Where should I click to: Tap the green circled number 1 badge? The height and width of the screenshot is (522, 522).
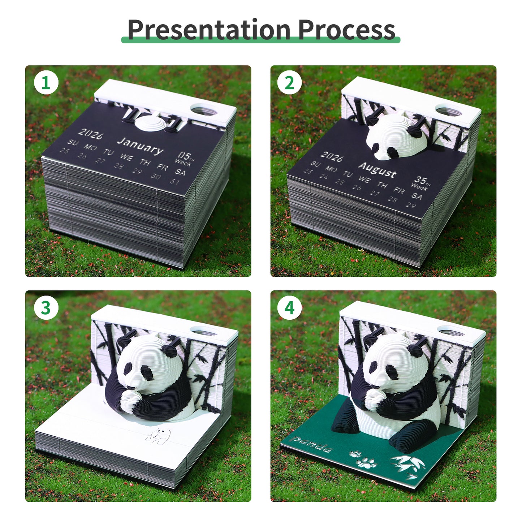tap(46, 83)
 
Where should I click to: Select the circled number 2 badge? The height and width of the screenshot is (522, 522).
tap(289, 83)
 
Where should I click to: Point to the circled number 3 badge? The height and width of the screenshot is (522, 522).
tap(46, 308)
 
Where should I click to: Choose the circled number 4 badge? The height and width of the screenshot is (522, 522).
tap(289, 308)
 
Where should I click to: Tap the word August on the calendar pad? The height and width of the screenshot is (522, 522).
tap(377, 169)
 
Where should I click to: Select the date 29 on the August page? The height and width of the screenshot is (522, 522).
tap(411, 205)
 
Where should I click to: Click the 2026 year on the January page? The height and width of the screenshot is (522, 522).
tap(91, 133)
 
